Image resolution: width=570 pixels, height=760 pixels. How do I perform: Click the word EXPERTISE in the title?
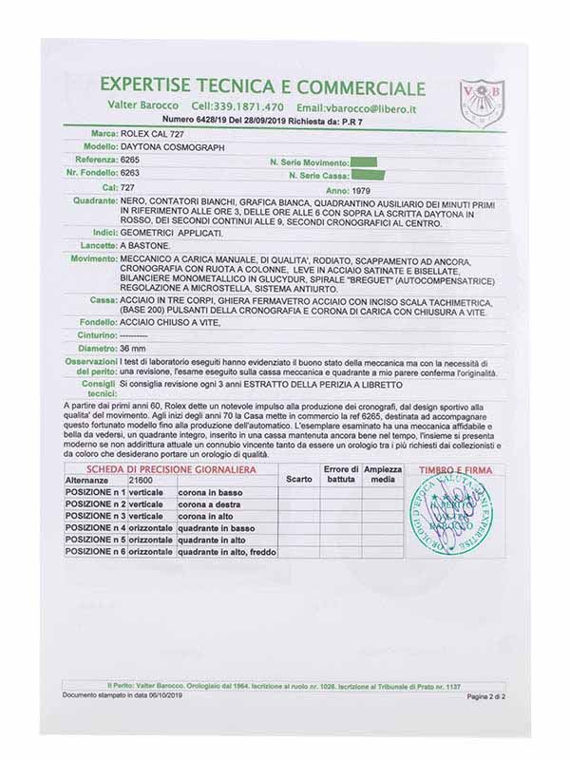pos(151,88)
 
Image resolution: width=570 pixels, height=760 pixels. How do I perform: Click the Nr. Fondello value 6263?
pos(130,175)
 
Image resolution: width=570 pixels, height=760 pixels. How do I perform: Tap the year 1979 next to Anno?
pos(363,188)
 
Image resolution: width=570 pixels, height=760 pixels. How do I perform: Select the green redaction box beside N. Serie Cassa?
pos(366,175)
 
